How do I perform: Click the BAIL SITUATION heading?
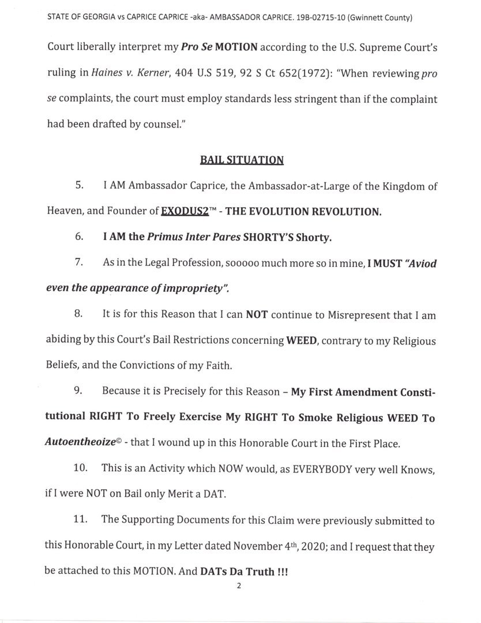click(242, 160)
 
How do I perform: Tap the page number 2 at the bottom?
click(238, 586)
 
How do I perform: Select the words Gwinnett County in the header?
click(385, 18)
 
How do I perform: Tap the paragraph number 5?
click(80, 186)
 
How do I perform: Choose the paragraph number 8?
click(80, 315)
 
